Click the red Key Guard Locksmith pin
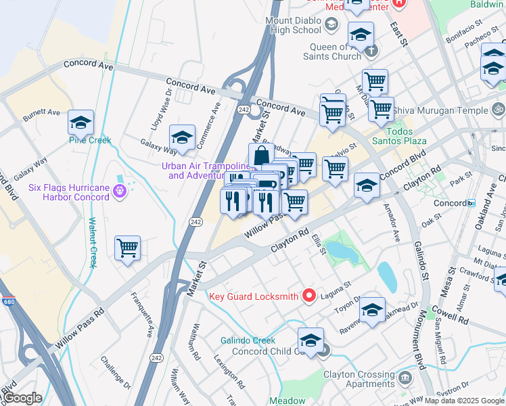310,295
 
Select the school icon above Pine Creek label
80,122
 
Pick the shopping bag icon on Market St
261,156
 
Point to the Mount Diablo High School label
293,25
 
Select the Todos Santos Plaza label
398,135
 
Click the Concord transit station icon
471,203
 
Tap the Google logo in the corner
22,398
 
